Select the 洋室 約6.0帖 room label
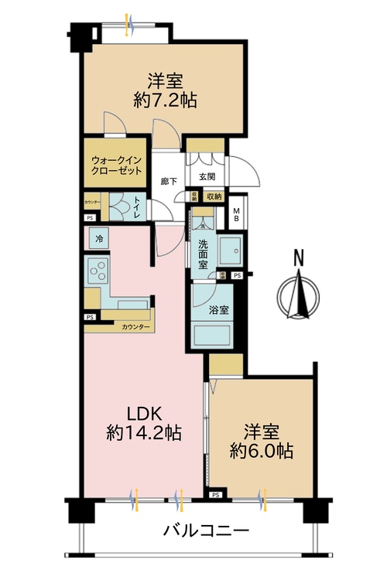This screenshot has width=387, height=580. (262, 440)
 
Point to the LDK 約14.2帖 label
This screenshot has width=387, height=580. (144, 423)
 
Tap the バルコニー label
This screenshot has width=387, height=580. (205, 531)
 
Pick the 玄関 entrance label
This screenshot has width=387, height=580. (207, 176)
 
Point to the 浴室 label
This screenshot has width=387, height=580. (218, 310)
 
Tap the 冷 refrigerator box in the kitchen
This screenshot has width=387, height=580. (98, 240)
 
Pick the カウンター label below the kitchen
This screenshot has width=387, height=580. (135, 327)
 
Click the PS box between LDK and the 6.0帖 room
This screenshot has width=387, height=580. (215, 494)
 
